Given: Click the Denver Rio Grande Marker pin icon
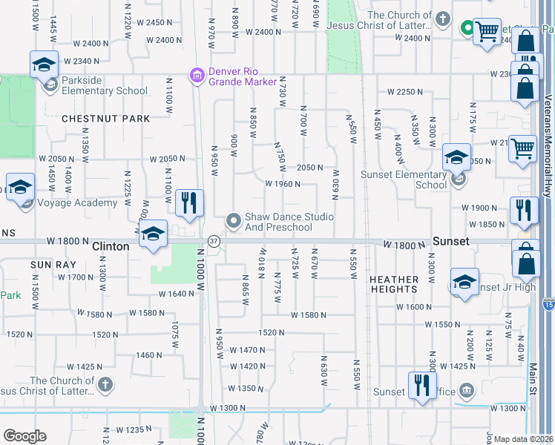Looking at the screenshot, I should pos(197,74).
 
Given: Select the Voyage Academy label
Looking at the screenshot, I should pos(76,202).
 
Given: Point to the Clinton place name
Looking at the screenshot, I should pos(111,246).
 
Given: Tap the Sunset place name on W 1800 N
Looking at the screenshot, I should pos(451,242).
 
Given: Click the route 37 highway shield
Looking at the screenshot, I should pos(214,241).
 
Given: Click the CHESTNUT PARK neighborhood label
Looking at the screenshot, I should pos(105,119).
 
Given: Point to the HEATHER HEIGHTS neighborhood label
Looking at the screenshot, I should pos(393,284).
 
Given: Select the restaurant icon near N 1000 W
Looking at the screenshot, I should pos(190,201).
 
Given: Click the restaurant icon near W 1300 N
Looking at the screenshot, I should pos(421,384).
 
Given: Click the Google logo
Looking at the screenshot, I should pos(24,436).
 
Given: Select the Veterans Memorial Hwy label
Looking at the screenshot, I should pos(547,141).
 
